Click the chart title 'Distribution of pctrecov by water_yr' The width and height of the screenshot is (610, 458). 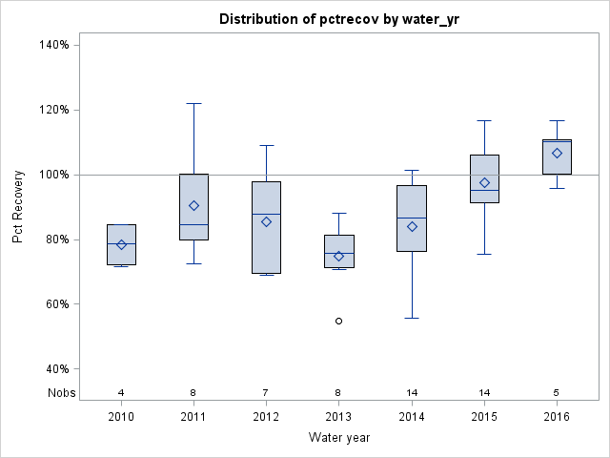click(338, 19)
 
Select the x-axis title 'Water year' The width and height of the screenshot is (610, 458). click(338, 437)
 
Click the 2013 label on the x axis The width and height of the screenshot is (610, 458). click(338, 417)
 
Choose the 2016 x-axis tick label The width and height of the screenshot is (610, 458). click(557, 417)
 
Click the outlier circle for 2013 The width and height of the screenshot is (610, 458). click(338, 321)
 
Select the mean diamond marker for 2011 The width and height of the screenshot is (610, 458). click(193, 205)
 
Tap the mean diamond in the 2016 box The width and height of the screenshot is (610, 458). click(557, 153)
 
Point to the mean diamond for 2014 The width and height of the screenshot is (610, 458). click(412, 226)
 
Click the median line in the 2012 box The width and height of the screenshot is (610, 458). click(266, 214)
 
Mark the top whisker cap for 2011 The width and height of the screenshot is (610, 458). click(193, 103)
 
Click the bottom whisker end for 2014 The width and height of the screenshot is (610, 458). click(412, 318)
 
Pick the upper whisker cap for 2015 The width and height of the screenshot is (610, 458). click(484, 120)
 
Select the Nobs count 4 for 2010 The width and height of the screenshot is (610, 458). click(121, 392)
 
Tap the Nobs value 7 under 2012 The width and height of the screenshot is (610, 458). click(266, 392)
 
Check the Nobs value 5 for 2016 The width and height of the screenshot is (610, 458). click(557, 392)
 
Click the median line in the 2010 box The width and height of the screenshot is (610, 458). click(121, 243)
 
